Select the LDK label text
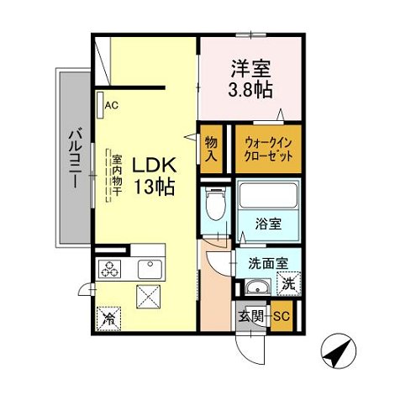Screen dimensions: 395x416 (153, 165)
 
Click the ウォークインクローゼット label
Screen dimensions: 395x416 (266, 150)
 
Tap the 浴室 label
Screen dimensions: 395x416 (268, 224)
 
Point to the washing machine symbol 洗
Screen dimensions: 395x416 (287, 284)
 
